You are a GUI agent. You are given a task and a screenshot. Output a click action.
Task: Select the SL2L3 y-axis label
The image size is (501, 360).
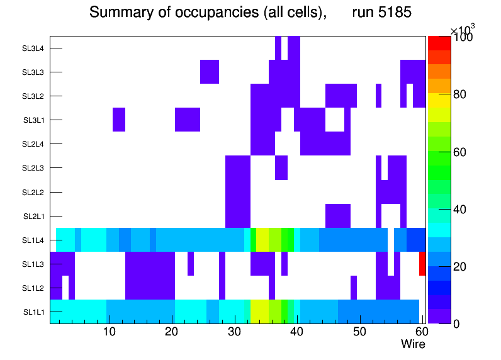[x=33, y=168]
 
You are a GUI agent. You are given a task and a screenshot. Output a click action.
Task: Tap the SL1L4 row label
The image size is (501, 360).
[x=33, y=240]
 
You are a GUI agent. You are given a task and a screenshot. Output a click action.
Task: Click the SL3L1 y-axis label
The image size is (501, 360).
[x=33, y=120]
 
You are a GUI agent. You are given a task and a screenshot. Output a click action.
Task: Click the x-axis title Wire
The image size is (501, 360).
[x=413, y=344]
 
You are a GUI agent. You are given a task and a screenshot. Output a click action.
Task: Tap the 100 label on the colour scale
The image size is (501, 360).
[x=464, y=38]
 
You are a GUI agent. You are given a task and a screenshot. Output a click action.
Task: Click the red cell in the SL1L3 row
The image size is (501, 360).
[x=422, y=264]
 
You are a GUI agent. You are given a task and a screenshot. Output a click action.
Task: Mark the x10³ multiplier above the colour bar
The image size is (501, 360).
[x=463, y=29]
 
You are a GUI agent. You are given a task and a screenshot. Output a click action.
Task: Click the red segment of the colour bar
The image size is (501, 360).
[x=439, y=43]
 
